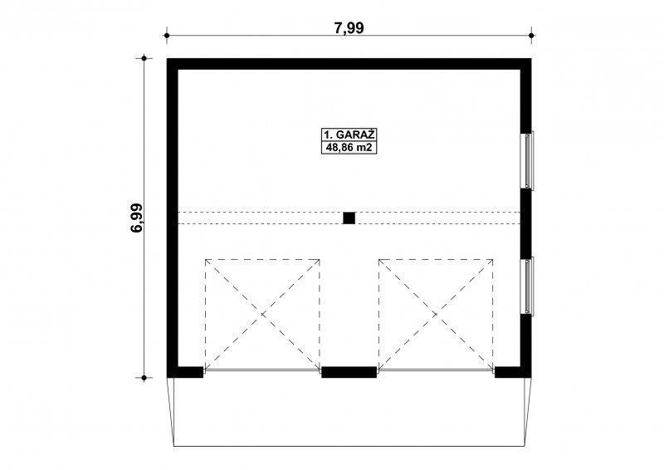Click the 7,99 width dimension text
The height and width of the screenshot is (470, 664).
coord(349,28)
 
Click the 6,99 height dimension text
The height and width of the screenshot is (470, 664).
coord(137,218)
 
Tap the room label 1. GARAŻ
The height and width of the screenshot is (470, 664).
coord(349,135)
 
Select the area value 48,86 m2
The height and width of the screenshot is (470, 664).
coord(349,148)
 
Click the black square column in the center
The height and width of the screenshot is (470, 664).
coord(349,218)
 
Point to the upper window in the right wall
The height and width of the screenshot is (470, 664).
coord(528,160)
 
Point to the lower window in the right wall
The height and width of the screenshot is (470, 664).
coord(528,286)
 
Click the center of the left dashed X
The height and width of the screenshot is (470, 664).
coord(262,314)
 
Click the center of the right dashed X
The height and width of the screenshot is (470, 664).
coord(436,314)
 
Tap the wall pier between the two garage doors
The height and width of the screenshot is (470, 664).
coord(349,372)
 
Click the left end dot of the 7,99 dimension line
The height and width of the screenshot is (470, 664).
coord(167,36)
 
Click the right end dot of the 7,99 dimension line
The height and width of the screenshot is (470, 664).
coord(531,36)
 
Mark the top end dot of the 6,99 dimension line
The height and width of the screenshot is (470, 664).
coord(144,58)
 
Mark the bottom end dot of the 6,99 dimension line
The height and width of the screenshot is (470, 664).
coord(144,377)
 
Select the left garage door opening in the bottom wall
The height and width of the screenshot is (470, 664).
coord(262,370)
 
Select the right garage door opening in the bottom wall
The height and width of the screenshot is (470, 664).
coord(436,370)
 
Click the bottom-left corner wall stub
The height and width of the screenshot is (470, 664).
coord(185,372)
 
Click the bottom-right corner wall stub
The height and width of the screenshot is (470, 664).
coord(513,372)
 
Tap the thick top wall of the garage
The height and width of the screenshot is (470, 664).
coord(349,64)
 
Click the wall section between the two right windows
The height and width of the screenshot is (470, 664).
coord(525,223)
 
